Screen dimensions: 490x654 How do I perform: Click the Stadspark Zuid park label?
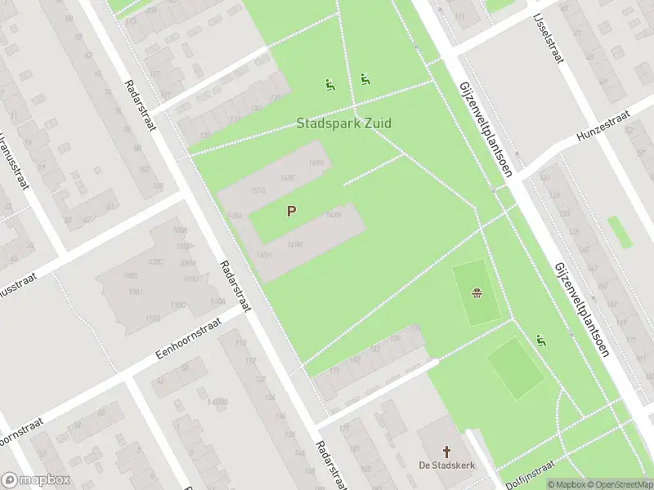[343, 123]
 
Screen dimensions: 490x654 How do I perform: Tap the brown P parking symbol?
[291, 211]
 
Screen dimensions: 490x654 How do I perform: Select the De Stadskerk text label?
[446, 465]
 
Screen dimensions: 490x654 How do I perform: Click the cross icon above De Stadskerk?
[446, 451]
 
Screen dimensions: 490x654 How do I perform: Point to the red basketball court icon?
[477, 293]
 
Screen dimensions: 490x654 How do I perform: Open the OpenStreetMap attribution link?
[619, 484]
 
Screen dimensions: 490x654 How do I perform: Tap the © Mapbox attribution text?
[566, 484]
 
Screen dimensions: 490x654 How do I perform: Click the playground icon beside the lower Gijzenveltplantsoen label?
[540, 340]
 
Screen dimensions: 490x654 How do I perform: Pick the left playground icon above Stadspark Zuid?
[329, 84]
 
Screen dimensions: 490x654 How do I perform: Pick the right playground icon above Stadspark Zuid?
[365, 79]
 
